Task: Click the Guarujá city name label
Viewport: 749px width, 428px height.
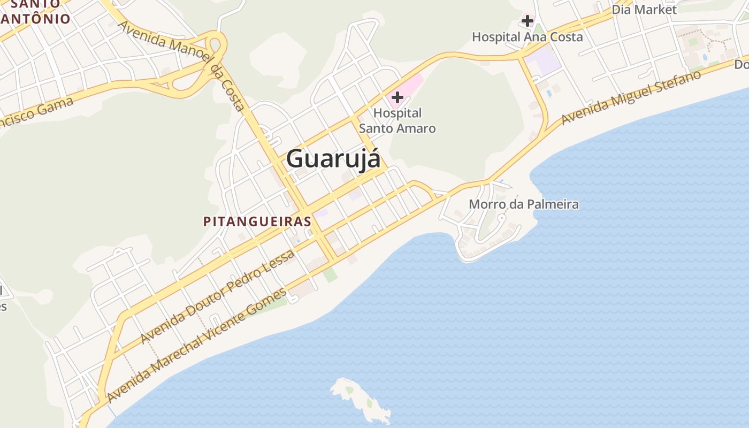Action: (x=333, y=159)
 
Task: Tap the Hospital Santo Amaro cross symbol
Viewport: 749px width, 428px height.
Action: (x=398, y=97)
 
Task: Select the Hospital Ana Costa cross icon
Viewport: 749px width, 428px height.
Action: (x=528, y=21)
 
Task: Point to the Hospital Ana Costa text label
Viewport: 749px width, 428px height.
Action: (x=528, y=37)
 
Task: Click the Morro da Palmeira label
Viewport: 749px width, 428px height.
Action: (x=523, y=204)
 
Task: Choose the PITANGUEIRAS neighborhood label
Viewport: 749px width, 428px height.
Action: (x=257, y=221)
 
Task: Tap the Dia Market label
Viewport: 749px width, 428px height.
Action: (x=644, y=10)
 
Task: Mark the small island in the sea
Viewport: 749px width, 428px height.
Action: (x=362, y=398)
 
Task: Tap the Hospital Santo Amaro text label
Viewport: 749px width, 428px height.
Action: (x=397, y=121)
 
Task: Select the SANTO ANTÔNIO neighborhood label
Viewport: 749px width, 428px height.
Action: (x=35, y=12)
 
